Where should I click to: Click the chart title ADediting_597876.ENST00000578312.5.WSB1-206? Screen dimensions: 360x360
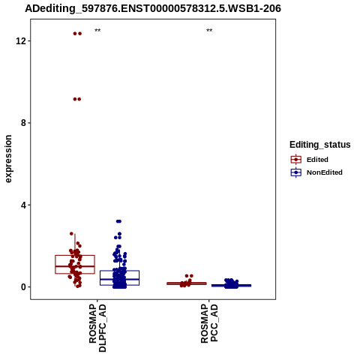153,8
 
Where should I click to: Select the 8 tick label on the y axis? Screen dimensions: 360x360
23,123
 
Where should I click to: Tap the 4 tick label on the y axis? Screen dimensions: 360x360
23,205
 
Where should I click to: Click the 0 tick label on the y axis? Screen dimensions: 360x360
23,287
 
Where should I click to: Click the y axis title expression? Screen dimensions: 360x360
8,159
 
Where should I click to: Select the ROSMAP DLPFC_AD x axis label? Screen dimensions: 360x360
97,328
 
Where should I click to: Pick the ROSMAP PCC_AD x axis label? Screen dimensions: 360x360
209,323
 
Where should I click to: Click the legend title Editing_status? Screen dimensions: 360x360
320,145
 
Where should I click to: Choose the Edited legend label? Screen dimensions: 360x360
317,160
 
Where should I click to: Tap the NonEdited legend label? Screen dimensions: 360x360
325,172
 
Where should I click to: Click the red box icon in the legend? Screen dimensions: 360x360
296,160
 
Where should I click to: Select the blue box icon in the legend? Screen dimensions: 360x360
296,172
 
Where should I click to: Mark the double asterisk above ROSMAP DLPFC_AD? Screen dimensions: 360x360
97,30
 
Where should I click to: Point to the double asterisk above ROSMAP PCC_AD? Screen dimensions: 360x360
209,30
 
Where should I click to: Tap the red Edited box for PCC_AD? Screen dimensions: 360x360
187,283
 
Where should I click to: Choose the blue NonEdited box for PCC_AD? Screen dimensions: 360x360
231,286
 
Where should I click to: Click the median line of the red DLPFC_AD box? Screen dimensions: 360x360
75,266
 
